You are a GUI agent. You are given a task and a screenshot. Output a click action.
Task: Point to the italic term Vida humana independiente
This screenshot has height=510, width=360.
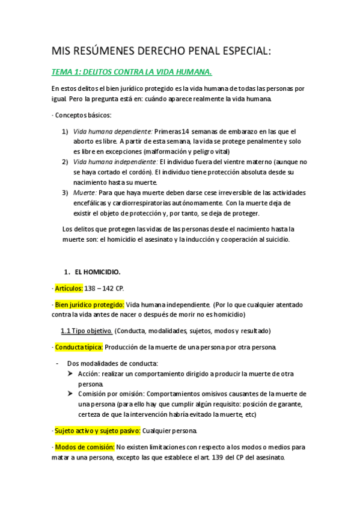[115, 162]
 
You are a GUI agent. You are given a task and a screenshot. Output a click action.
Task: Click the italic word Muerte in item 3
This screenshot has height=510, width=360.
[84, 192]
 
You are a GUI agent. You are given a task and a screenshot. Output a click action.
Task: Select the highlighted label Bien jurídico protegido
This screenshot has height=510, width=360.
[89, 304]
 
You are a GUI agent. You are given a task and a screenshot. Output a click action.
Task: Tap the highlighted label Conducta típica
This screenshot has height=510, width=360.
[78, 348]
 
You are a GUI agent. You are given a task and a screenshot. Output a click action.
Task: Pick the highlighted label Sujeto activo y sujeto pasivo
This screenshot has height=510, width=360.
[97, 431]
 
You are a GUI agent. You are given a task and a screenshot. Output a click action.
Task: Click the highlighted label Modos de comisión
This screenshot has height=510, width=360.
[84, 447]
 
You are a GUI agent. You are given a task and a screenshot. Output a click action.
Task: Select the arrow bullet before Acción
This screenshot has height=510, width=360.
[71, 373]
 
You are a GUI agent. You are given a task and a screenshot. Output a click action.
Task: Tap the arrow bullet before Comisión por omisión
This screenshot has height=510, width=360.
[71, 394]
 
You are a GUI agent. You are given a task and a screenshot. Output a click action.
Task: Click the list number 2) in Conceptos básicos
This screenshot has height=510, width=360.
[65, 162]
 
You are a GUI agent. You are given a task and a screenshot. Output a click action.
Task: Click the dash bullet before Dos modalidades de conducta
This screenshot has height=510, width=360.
[56, 363]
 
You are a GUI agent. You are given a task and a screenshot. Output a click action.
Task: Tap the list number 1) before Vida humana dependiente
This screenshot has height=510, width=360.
[65, 131]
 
